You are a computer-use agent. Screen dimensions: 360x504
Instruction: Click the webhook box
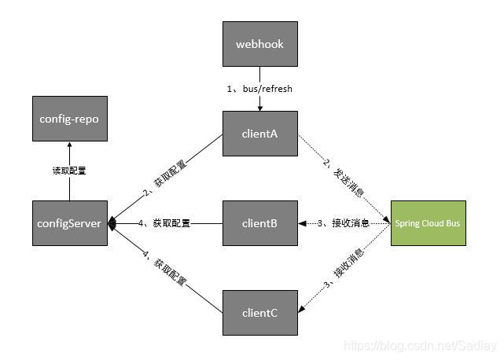click(259, 44)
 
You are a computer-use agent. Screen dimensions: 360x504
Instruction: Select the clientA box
click(259, 133)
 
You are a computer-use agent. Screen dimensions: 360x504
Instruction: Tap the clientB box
click(259, 223)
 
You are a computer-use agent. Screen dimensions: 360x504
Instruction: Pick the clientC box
click(259, 312)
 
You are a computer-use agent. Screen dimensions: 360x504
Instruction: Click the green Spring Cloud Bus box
click(428, 223)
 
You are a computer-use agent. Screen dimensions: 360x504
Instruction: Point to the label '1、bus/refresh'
click(259, 89)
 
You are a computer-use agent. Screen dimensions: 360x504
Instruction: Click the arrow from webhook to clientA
click(259, 101)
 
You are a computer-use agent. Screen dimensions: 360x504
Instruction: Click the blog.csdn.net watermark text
click(421, 345)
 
